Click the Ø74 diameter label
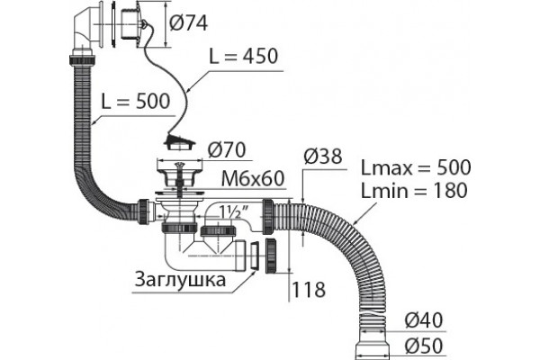188,23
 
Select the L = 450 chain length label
244,56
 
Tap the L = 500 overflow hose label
136,102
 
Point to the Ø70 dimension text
227,150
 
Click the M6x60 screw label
253,178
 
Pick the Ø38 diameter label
323,156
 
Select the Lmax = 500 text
416,167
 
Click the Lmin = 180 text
414,191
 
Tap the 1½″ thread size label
229,213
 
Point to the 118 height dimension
308,290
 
